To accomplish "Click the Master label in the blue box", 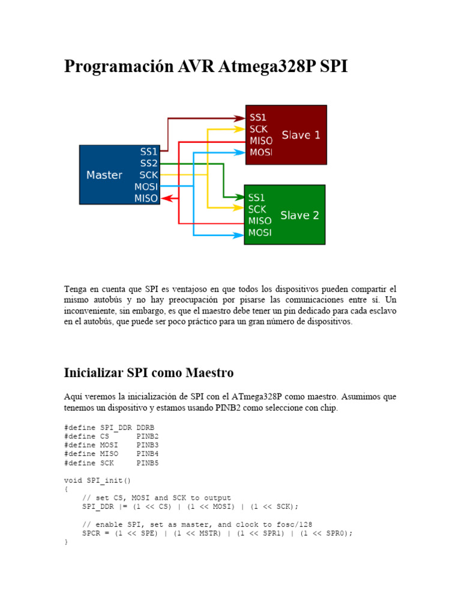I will coord(104,175).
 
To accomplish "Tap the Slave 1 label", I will coord(301,135).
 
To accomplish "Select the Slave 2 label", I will coord(300,215).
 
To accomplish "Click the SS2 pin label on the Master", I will coord(149,163).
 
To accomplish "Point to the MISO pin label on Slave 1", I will coord(261,141).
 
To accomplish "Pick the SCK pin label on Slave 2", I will coord(257,210).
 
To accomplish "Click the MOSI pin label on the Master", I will coord(146,187).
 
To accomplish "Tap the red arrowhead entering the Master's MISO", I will coord(166,198).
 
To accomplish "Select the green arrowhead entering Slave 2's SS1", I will coord(240,196).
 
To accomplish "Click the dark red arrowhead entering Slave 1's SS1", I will coord(241,118).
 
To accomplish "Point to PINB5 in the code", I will coord(148,463).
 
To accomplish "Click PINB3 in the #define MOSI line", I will coord(148,445).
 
